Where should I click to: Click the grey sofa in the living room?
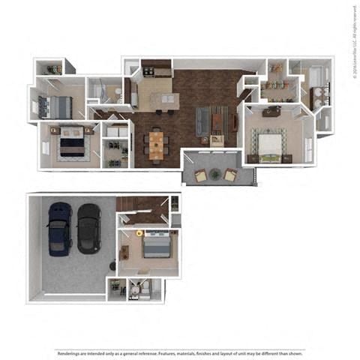202,120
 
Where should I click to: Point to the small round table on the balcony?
216,175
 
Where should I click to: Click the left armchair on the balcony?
201,175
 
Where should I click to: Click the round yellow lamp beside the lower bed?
139,233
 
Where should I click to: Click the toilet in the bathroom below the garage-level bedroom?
134,287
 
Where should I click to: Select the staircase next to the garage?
135,205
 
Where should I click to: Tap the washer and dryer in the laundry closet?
116,132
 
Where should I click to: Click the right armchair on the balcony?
230,175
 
